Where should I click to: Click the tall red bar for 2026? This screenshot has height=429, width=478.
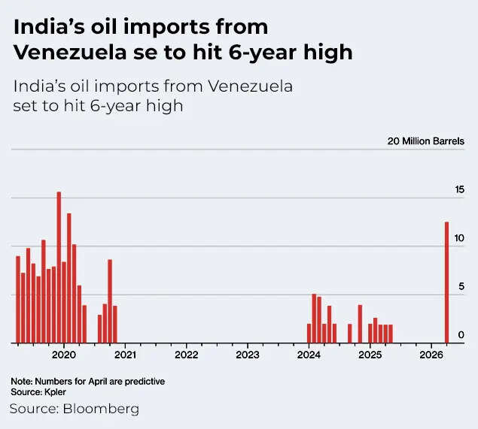446,282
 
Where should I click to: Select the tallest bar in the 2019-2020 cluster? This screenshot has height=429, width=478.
59,267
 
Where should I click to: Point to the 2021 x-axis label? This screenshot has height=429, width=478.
125,354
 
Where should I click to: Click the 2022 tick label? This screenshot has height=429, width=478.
186,354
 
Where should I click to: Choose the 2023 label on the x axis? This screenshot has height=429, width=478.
248,354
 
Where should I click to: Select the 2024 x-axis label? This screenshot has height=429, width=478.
309,354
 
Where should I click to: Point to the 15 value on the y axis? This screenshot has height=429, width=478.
459,190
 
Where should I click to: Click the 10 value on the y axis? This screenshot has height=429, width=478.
459,238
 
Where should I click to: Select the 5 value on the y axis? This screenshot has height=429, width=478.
461,286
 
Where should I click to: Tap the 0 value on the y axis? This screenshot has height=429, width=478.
461,334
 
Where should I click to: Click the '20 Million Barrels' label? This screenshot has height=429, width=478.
426,141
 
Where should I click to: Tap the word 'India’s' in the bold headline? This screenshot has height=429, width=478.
44,28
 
